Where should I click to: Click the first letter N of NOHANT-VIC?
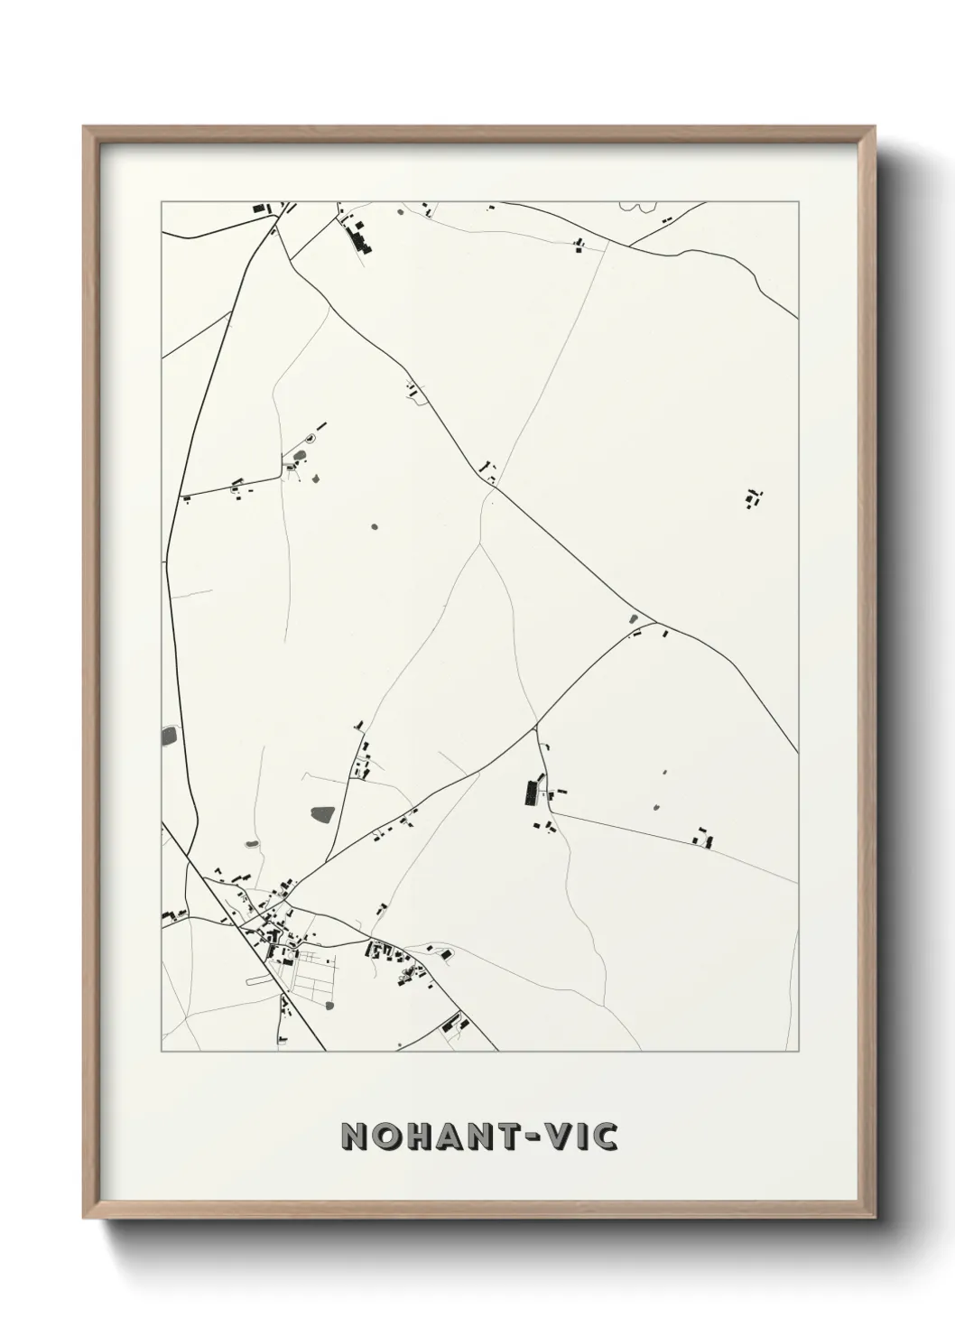(x=355, y=1137)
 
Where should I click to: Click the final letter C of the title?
(x=606, y=1137)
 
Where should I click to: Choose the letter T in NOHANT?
(x=502, y=1137)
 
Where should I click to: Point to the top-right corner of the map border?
(x=797, y=201)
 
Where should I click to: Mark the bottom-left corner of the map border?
(x=162, y=1051)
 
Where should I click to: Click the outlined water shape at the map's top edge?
(x=636, y=207)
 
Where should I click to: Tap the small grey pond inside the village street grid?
(x=329, y=1005)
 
